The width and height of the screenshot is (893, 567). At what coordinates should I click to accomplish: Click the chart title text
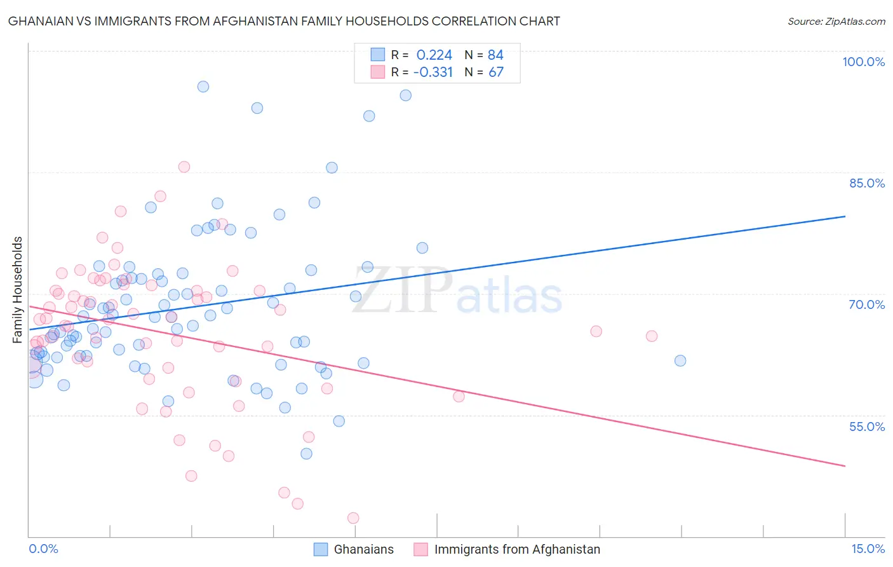[284, 22]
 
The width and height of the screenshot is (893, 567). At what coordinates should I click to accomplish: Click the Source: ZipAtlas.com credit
[836, 22]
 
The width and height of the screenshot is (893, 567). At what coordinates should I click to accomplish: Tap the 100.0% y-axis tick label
[863, 62]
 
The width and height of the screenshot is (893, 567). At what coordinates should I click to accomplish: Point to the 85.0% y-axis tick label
[867, 183]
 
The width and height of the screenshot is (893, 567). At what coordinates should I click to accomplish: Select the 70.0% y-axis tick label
[867, 304]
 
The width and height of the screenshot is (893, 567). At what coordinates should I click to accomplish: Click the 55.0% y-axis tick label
[867, 427]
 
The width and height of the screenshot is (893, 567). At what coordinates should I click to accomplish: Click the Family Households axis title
[18, 290]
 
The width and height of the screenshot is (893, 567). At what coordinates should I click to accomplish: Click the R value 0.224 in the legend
[434, 55]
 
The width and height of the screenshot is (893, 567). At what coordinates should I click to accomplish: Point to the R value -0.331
[433, 72]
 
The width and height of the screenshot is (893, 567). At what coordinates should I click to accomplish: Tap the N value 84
[495, 55]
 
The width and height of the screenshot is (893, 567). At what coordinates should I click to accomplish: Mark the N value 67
[495, 72]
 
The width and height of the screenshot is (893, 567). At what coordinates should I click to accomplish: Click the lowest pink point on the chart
[353, 518]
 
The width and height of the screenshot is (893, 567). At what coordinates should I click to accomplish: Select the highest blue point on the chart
[203, 86]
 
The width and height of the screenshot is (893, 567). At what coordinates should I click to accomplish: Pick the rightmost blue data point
[680, 360]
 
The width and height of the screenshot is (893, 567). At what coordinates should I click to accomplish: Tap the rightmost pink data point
[652, 336]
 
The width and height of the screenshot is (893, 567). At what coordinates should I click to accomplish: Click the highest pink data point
[184, 167]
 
